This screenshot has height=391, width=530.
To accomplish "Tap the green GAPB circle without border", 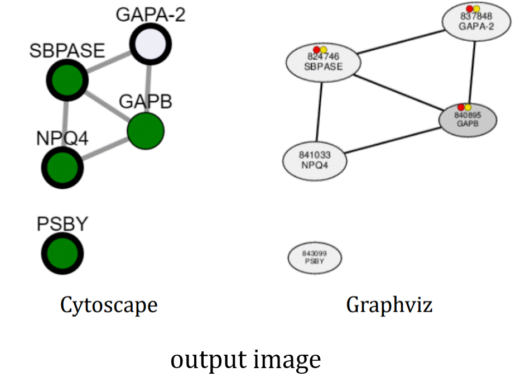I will pos(145,131).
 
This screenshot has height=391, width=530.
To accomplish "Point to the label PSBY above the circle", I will pos(62,224).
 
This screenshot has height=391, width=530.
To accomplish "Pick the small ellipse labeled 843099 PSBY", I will pos(314,258).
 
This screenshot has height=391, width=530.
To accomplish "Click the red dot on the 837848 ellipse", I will pos(470,8).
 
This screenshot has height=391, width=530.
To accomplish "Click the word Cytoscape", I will pos(109,305).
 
